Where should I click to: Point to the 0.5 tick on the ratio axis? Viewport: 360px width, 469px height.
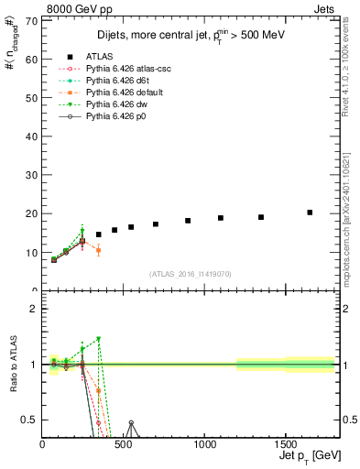(32, 420)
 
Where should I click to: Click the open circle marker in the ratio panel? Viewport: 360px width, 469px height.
(131, 423)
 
